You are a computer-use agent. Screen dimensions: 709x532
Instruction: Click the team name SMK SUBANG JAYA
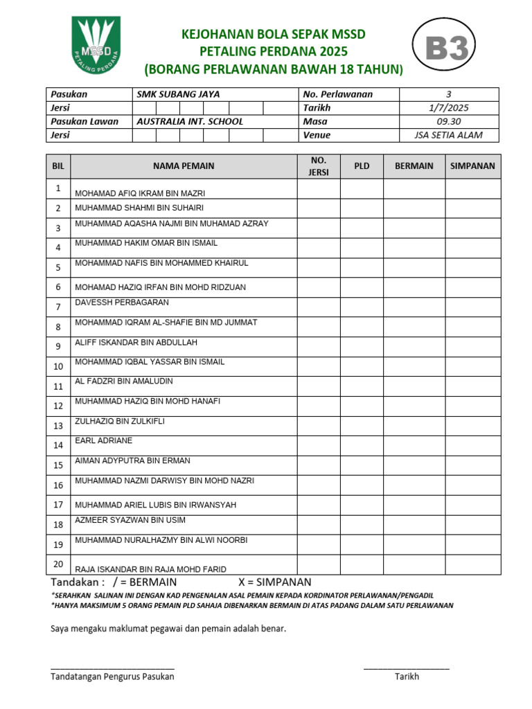tap(178, 94)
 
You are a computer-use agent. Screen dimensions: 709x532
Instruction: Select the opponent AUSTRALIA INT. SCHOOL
tap(190, 121)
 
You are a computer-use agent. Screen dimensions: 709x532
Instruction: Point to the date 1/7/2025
tap(448, 108)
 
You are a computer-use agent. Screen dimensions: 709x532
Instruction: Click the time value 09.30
tap(448, 121)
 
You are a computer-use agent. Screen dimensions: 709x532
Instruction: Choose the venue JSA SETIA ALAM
tap(448, 135)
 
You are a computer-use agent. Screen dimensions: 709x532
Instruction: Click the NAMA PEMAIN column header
tap(184, 166)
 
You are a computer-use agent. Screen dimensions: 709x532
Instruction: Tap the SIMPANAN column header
tap(472, 166)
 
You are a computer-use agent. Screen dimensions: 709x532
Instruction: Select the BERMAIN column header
tap(414, 166)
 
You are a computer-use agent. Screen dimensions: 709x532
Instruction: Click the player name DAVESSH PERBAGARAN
tap(122, 303)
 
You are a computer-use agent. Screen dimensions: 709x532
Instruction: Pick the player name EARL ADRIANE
tap(103, 440)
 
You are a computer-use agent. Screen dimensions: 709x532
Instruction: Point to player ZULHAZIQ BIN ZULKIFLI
tap(119, 421)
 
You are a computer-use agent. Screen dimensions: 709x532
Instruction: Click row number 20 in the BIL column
tap(58, 564)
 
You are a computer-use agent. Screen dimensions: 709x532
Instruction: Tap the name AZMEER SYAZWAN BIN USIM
tap(130, 520)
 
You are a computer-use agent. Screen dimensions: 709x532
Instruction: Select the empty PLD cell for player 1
tap(361, 189)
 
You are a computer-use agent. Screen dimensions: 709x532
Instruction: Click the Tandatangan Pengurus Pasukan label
tap(112, 677)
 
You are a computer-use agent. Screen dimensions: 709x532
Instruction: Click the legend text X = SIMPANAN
tap(274, 582)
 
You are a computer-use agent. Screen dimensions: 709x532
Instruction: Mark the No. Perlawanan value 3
tap(448, 94)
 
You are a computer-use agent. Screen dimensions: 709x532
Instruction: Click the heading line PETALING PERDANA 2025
tap(273, 52)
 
